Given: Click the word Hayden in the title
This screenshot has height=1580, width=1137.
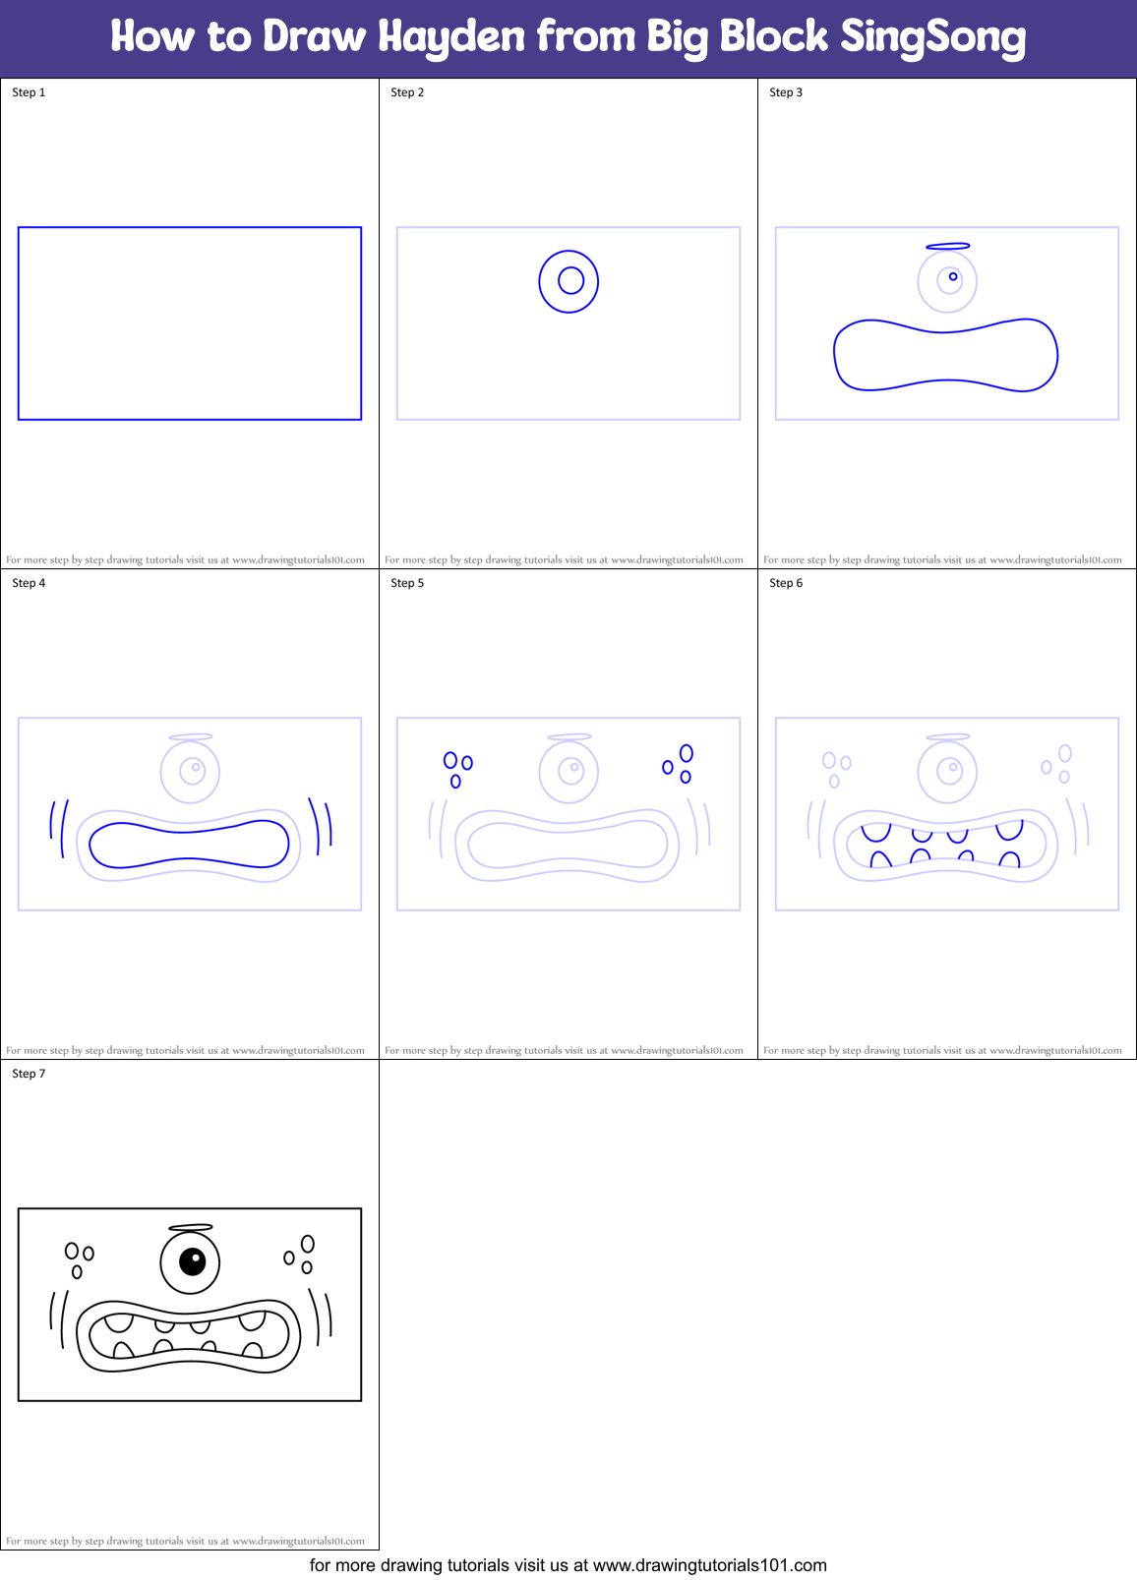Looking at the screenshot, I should point(451,37).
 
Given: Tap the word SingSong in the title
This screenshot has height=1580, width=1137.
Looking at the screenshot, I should point(932,37).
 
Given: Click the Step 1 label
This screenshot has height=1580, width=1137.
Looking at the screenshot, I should point(29,92).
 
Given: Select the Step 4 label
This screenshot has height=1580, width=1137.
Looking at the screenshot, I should point(29,583).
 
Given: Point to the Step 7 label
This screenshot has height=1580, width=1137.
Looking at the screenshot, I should point(29,1074).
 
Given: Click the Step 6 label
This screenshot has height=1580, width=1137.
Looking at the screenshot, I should point(786,583).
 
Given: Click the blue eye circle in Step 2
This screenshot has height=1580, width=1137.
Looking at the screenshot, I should point(568,281).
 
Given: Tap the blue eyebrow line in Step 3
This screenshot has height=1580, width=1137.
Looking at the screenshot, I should point(948,246).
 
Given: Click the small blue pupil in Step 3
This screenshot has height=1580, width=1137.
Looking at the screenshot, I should point(953,277).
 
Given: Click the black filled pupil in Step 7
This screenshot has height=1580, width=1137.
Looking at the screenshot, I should point(192,1259).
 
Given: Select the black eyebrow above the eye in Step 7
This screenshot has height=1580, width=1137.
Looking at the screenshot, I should point(191,1227).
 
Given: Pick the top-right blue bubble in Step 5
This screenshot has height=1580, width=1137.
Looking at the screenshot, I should point(687,753).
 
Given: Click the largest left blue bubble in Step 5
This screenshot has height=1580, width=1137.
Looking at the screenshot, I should point(450,760).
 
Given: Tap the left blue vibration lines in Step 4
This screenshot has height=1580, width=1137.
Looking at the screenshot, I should point(58,829).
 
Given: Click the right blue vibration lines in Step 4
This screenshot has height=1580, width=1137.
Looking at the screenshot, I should point(322,825).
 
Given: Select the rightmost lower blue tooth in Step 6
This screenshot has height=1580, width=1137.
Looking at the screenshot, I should point(1009,859).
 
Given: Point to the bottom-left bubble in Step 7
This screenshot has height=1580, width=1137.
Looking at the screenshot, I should point(77,1272).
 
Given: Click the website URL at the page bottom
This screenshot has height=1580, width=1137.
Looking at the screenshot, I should point(709,1565).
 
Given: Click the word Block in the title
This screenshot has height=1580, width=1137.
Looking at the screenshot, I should point(773,37).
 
